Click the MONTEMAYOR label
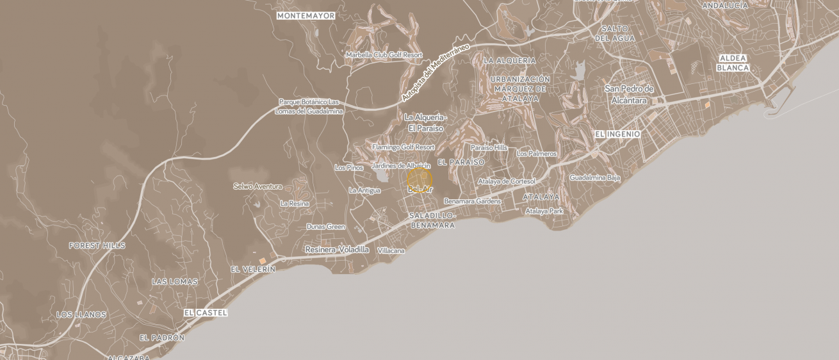pyautogui.click(x=305, y=15)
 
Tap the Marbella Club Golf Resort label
pyautogui.click(x=384, y=55)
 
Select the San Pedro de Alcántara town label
pyautogui.click(x=629, y=94)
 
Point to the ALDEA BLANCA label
pyautogui.click(x=733, y=63)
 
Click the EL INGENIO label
pyautogui.click(x=617, y=135)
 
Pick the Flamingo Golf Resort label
pyautogui.click(x=403, y=147)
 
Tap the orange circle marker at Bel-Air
pyautogui.click(x=419, y=181)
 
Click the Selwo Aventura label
pyautogui.click(x=257, y=186)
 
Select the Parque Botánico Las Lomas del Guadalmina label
pyautogui.click(x=309, y=106)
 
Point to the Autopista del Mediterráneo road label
pyautogui.click(x=436, y=72)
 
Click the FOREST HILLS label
pyautogui.click(x=97, y=246)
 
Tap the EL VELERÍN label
pyautogui.click(x=253, y=270)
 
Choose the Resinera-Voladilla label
pyautogui.click(x=337, y=250)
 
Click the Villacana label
pyautogui.click(x=391, y=251)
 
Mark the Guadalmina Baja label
pyautogui.click(x=595, y=177)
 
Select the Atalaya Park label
pyautogui.click(x=544, y=211)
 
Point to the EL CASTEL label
pyautogui.click(x=205, y=313)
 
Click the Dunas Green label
pyautogui.click(x=325, y=227)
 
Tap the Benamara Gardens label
pyautogui.click(x=472, y=201)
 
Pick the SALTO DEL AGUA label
pyautogui.click(x=615, y=33)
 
